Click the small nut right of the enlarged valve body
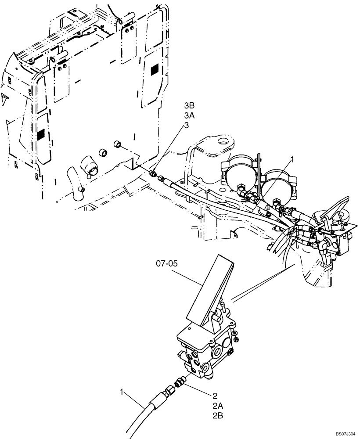tap(237, 338)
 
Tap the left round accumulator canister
tap(241, 173)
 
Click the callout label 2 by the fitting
tap(215, 395)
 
